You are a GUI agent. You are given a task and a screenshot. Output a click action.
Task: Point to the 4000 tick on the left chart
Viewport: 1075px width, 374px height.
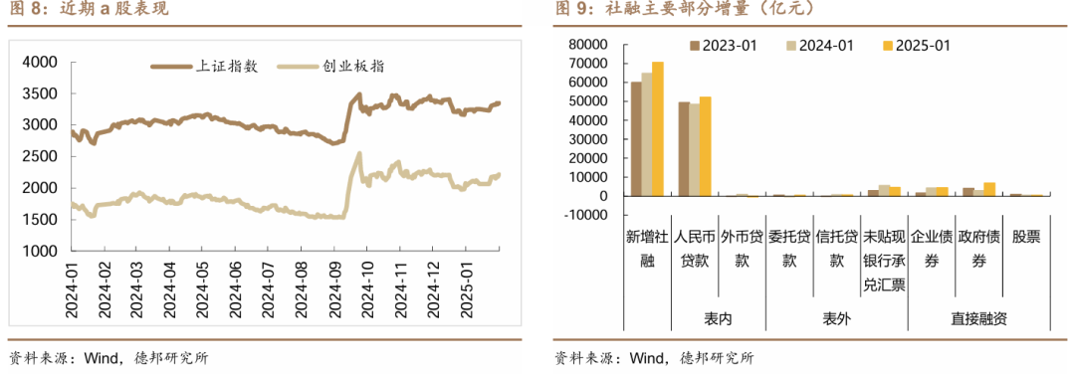[x=41, y=62]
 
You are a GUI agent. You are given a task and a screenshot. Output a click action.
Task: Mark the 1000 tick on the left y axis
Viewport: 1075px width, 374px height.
[x=41, y=252]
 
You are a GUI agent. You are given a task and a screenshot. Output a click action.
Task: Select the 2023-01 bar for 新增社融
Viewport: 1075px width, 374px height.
[x=636, y=139]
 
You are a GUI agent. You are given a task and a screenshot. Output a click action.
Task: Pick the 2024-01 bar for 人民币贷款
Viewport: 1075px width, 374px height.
[x=695, y=150]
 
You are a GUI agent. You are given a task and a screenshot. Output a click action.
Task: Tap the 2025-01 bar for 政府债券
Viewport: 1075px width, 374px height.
[x=989, y=189]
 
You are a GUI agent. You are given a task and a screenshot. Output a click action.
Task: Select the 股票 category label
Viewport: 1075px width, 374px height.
[x=1025, y=238]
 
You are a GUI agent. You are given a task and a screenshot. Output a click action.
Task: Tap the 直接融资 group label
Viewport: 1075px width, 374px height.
[x=978, y=318]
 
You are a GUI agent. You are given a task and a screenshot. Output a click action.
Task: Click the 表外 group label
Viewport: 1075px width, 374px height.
[x=836, y=318]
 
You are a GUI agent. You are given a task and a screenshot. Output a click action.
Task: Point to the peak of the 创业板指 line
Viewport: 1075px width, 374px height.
[x=358, y=153]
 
